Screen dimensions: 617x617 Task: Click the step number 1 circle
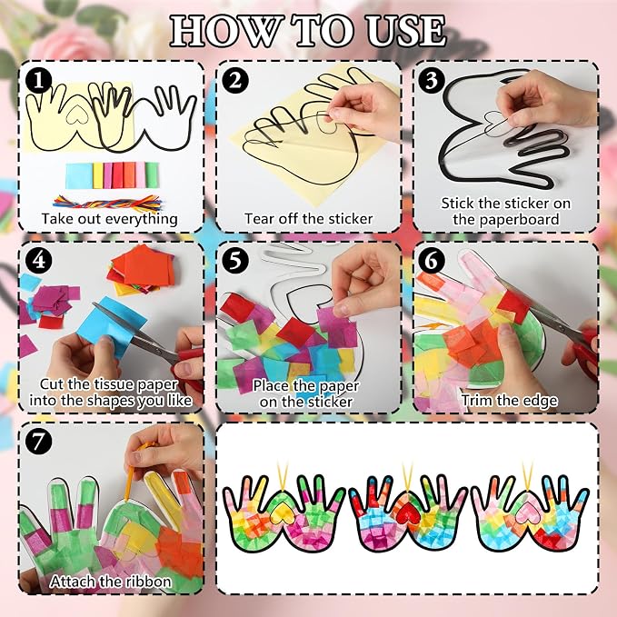[38, 80]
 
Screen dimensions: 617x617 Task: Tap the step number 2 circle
[235, 80]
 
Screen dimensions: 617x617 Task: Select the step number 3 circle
[432, 80]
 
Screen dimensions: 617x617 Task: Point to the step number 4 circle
[38, 260]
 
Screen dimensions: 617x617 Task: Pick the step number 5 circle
[235, 260]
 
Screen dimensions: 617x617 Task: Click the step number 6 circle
[432, 260]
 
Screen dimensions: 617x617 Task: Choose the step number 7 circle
[38, 441]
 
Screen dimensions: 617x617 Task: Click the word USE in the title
[406, 31]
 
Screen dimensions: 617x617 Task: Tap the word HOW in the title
[225, 31]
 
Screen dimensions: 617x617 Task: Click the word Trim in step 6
[477, 400]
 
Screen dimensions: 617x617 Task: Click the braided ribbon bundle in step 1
[107, 203]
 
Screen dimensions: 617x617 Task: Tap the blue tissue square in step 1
[79, 175]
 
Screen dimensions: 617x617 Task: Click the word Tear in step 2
[260, 219]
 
